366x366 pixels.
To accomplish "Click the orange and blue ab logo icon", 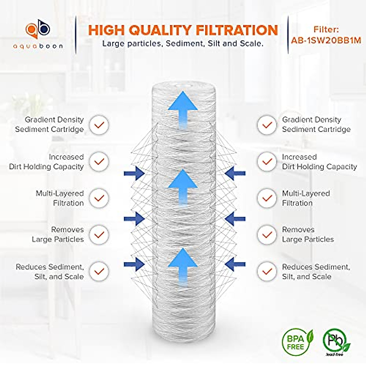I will [x=38, y=30].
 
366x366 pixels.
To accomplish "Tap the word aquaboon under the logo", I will [x=38, y=46].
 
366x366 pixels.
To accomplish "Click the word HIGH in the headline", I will [x=107, y=30].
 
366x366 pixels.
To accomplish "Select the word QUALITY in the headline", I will [x=160, y=30].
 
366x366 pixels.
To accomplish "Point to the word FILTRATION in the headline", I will [x=237, y=30].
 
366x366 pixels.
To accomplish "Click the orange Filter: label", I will [x=326, y=30].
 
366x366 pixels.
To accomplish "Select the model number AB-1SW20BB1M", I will [x=326, y=40].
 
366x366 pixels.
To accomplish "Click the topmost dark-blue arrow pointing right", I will [x=134, y=174].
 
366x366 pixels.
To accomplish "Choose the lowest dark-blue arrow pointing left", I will [x=235, y=264].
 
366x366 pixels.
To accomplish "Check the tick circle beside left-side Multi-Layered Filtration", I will [x=99, y=198].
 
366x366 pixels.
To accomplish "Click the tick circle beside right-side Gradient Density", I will [x=267, y=125].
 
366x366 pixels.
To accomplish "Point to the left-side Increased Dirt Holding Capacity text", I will [x=46, y=162].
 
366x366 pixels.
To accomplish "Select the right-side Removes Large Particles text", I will [x=308, y=235].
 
